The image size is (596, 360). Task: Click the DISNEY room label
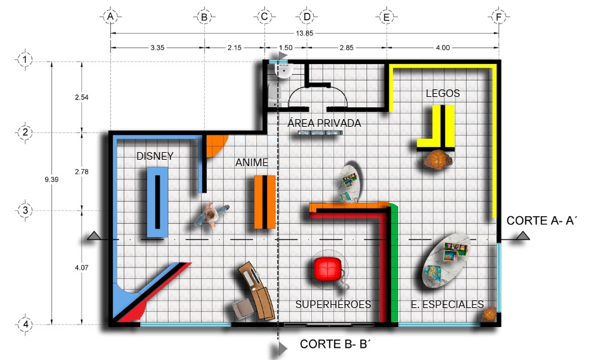[x=155, y=156]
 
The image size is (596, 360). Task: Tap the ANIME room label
[x=252, y=162]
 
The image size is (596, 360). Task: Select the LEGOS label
[x=443, y=93]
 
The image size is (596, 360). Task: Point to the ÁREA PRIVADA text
[x=324, y=123]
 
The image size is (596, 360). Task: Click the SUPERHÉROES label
[x=334, y=304]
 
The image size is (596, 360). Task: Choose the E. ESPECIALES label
[x=448, y=304]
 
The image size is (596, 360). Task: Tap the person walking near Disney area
[x=211, y=215]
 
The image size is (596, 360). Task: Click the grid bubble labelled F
[x=499, y=16]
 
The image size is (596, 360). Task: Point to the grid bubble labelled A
[x=110, y=16]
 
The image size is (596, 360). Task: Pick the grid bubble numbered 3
[x=25, y=210]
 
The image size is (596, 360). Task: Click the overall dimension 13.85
[x=304, y=33]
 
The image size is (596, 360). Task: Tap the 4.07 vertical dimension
[x=82, y=267]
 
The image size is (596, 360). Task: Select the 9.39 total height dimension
[x=51, y=179]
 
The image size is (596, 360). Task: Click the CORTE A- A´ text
[x=541, y=221]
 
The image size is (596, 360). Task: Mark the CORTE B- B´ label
[x=335, y=344]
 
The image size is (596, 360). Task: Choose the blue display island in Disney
[x=157, y=203]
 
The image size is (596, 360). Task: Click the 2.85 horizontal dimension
[x=346, y=48]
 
